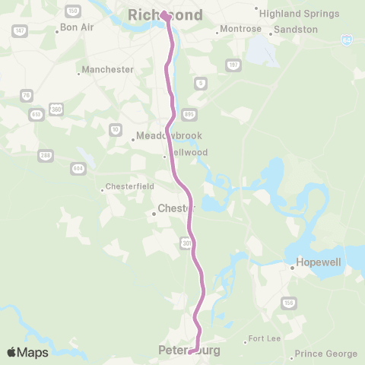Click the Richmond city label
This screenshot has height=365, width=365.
166,15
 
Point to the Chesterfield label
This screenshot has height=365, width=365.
129,186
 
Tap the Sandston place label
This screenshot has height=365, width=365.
295,29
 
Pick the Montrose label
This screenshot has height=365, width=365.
240,30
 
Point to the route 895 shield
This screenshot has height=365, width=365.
189,115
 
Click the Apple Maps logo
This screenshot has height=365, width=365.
27,352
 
